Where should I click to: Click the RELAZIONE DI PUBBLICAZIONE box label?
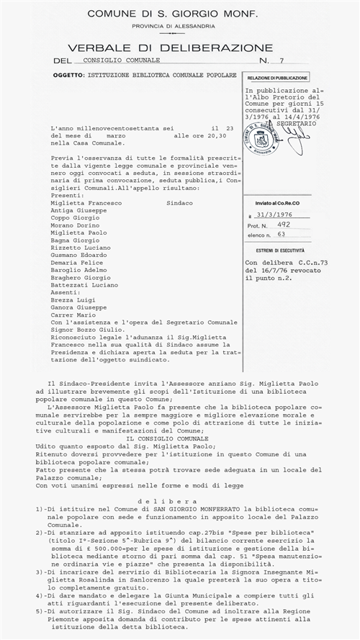pos(278,77)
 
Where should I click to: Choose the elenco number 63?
pos(281,235)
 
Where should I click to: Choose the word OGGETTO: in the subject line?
pos(69,75)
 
